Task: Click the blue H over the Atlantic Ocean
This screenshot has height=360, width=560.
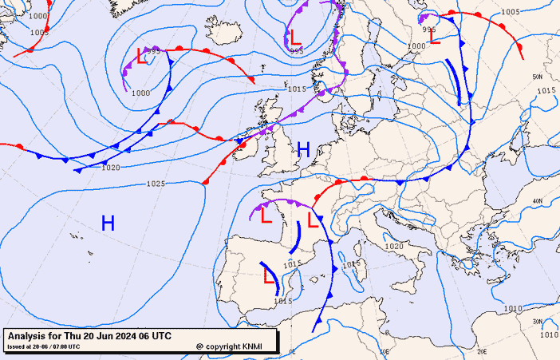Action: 108,224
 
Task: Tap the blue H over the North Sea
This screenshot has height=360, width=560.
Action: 303,148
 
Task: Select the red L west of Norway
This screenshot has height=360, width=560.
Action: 295,36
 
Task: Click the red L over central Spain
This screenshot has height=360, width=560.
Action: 269,276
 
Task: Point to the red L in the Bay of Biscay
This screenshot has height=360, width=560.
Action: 266,215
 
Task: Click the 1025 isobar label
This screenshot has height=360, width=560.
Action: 156,184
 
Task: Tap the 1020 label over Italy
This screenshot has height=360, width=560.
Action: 394,247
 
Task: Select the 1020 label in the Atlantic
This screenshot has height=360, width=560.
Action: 111,168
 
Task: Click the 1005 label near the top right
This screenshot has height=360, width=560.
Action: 511,12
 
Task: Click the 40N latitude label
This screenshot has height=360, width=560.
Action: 537,200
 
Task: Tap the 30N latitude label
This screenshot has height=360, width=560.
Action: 537,321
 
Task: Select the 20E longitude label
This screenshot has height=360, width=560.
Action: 482,350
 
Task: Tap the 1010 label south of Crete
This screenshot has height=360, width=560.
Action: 511,308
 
